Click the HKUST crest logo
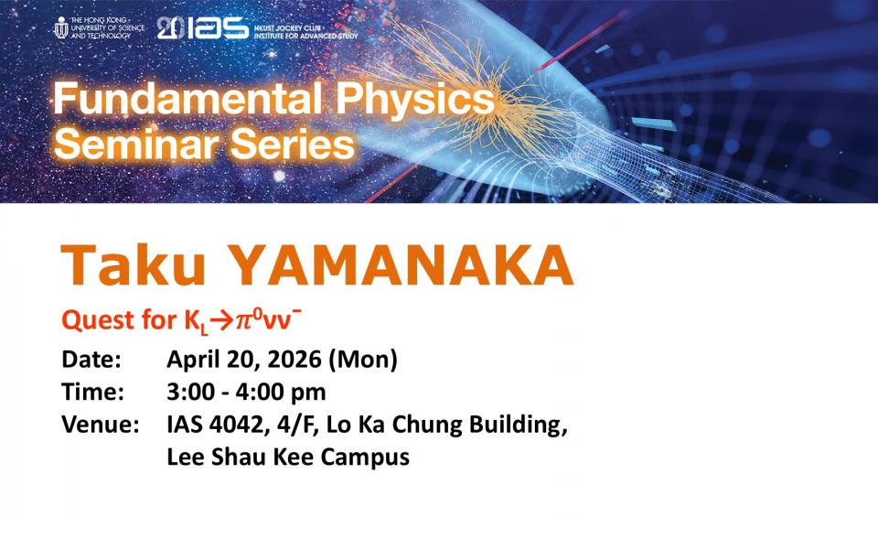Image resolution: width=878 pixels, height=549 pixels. (x=61, y=27)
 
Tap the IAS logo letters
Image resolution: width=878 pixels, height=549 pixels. (x=218, y=28)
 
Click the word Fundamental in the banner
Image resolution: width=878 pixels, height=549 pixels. (x=187, y=99)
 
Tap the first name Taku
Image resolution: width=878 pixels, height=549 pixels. (x=134, y=265)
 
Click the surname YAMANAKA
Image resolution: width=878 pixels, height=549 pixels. (x=401, y=265)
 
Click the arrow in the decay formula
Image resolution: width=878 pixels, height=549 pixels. (x=221, y=321)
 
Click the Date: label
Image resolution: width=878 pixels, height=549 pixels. (x=91, y=360)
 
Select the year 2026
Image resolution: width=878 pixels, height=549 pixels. (x=294, y=360)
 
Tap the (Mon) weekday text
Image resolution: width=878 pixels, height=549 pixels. (x=363, y=360)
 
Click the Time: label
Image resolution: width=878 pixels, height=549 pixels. (x=93, y=393)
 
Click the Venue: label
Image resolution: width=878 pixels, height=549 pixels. (x=101, y=425)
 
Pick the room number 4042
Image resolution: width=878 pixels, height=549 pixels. (x=236, y=425)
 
